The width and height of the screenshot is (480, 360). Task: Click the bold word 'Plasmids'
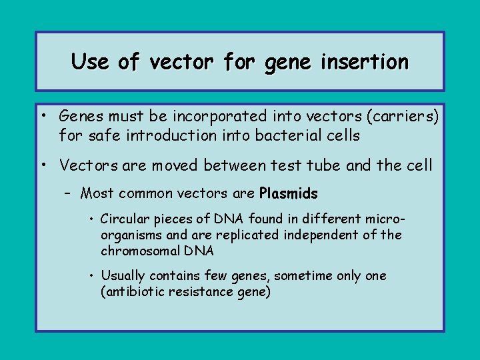(x=288, y=194)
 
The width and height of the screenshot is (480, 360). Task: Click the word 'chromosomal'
(x=141, y=251)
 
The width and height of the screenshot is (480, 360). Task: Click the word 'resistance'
(x=197, y=292)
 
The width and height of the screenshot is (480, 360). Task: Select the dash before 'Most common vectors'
(x=69, y=194)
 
